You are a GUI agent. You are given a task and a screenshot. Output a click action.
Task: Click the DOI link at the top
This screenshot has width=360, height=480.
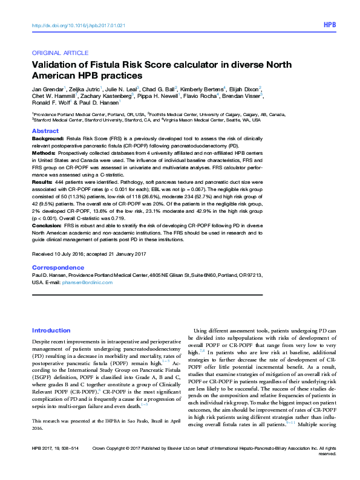pos(79,25)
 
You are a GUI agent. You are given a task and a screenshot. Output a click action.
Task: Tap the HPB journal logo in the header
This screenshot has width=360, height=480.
pos(329,25)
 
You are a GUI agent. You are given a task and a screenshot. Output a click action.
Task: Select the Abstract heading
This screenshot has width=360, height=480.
pos(45,131)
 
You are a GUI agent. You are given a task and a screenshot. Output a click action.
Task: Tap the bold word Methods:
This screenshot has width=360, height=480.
pos(45,153)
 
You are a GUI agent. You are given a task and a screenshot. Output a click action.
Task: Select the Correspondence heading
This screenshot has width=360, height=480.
pos(57,267)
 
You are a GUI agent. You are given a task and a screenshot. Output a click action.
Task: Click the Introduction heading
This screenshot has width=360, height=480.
pos(51,331)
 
